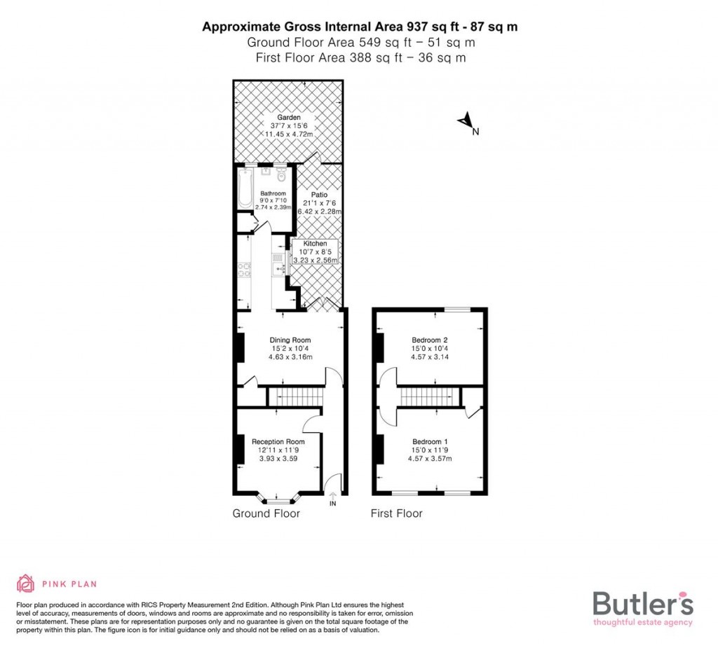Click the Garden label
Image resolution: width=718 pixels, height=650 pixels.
click(288, 118)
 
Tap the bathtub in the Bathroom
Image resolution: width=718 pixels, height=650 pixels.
click(245, 188)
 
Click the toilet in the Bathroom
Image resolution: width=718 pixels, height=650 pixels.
click(281, 172)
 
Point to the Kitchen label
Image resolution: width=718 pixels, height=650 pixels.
click(315, 244)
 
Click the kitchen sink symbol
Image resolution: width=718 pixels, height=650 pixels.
click(278, 263)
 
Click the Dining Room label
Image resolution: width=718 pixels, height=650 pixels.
click(290, 340)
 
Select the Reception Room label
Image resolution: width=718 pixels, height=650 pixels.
click(278, 442)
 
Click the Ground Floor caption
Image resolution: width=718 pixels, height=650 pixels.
click(266, 514)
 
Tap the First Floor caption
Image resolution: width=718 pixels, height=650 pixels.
click(396, 514)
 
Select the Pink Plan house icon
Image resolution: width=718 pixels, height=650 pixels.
click(26, 583)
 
